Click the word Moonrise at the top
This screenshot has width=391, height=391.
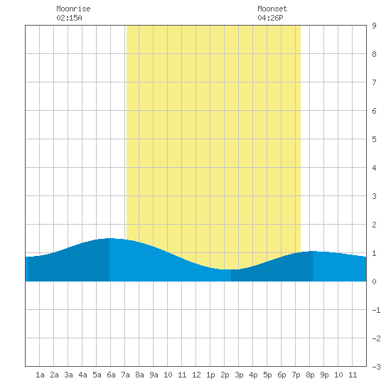tap(73, 9)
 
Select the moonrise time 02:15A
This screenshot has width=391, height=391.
tap(69, 18)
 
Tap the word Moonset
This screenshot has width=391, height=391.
tap(272, 9)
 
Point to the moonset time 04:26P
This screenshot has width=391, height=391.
tap(270, 18)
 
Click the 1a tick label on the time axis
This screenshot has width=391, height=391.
tap(40, 375)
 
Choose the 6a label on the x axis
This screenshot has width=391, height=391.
tap(111, 375)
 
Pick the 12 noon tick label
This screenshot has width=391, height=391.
tap(196, 375)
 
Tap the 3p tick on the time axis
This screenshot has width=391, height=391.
tap(239, 375)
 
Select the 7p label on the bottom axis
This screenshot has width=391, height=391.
tap(296, 375)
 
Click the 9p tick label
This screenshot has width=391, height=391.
tap(324, 375)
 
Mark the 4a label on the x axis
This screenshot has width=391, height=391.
tap(82, 375)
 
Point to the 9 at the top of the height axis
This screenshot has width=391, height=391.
tap(374, 26)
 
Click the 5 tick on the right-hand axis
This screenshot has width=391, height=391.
tap(374, 139)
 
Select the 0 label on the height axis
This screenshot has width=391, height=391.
tap(374, 282)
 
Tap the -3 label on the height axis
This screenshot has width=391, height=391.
tap(376, 367)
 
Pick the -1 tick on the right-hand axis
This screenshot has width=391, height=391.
tap(376, 310)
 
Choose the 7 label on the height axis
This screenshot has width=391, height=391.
tap(374, 82)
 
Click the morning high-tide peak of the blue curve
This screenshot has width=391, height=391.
tap(109, 238)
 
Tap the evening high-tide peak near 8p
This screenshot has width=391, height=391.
tap(313, 251)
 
